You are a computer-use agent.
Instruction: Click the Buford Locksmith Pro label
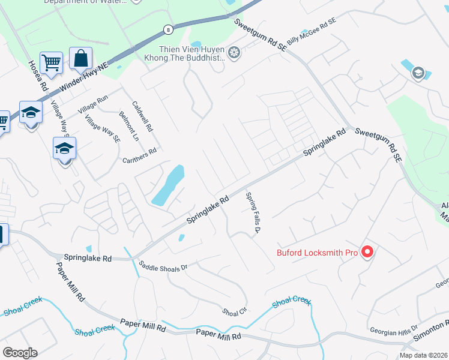click(x=317, y=253)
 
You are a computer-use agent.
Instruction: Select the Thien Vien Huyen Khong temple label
click(x=191, y=54)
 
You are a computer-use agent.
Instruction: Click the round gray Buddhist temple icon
click(x=234, y=54)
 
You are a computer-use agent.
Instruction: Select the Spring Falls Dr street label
click(x=254, y=213)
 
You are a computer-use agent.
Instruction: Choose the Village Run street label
click(x=94, y=104)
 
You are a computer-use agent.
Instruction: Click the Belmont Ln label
click(x=128, y=126)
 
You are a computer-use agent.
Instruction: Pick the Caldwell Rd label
click(x=142, y=116)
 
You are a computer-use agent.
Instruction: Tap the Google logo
click(x=20, y=353)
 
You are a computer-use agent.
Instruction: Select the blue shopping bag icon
click(x=80, y=59)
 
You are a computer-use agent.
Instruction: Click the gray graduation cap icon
click(x=418, y=73)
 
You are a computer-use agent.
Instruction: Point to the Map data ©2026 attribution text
click(x=423, y=355)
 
